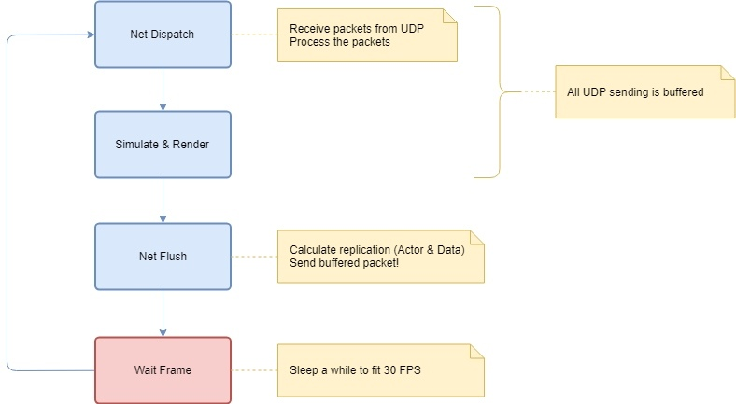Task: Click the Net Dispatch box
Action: click(163, 35)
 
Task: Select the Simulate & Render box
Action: click(163, 145)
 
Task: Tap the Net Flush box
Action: click(163, 256)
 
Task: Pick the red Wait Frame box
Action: click(163, 369)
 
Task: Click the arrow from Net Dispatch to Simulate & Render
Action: click(163, 89)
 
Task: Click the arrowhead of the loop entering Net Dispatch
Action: click(90, 35)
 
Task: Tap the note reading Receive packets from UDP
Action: click(367, 35)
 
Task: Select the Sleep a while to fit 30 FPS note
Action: click(381, 369)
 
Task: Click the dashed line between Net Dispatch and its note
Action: click(254, 35)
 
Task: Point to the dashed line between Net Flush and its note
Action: click(254, 256)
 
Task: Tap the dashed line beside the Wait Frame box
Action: click(254, 369)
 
